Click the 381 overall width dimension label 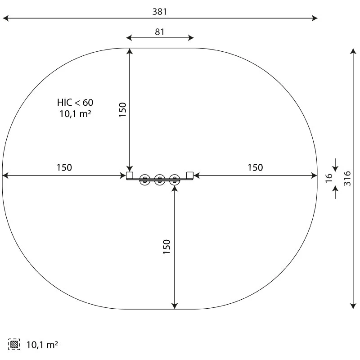(x=160, y=12)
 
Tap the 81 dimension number (x=160, y=32)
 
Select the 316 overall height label (x=347, y=178)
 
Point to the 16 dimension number (x=329, y=178)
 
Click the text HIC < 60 (x=75, y=103)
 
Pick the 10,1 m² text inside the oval (x=75, y=114)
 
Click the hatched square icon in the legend (x=14, y=344)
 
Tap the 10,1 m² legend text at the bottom (x=42, y=345)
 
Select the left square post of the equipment (x=130, y=175)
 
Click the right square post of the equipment (x=190, y=175)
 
